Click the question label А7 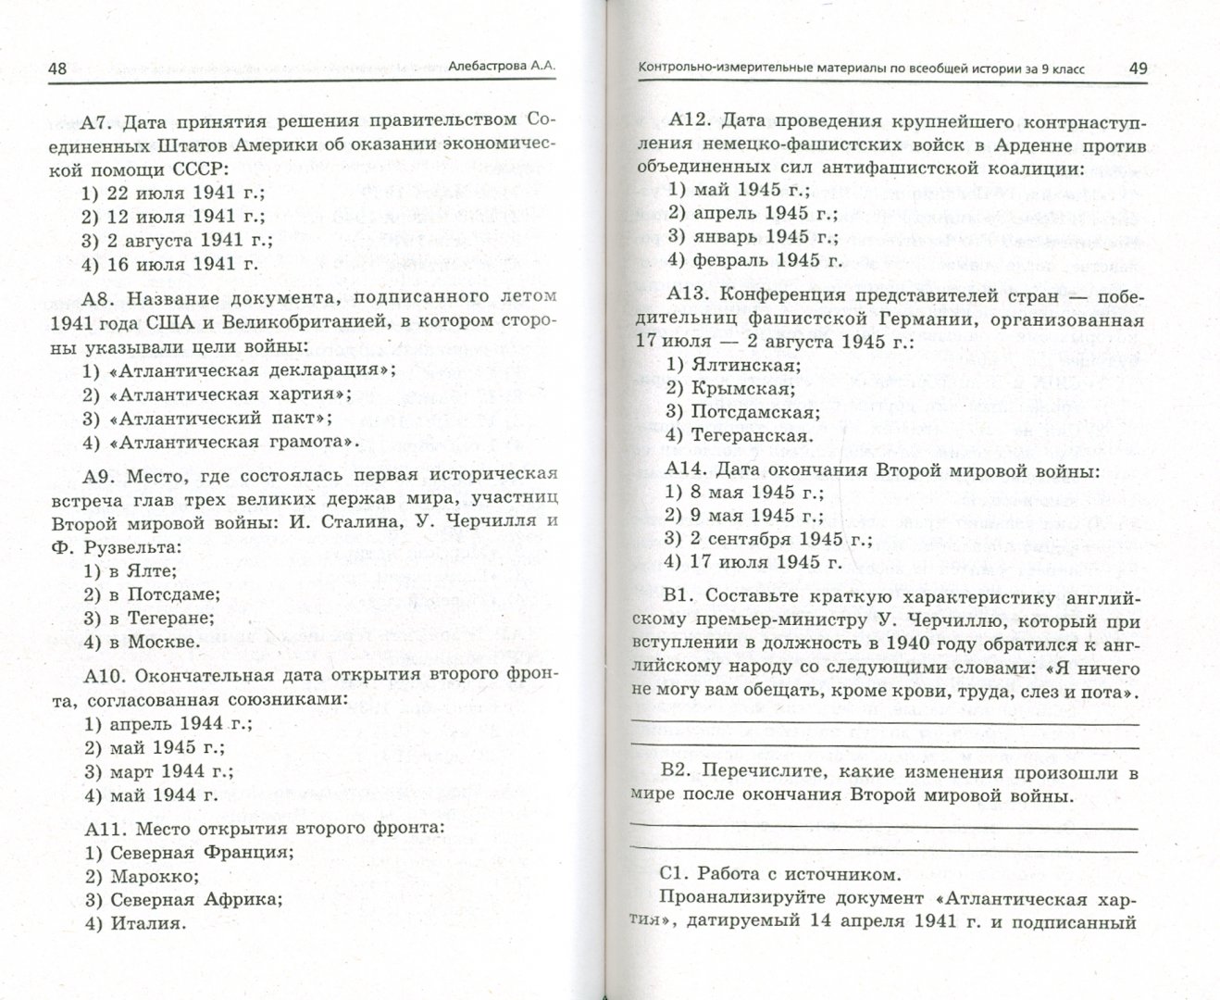pyautogui.click(x=95, y=121)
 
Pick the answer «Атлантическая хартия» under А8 pyautogui.click(x=219, y=394)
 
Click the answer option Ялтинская pyautogui.click(x=733, y=364)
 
